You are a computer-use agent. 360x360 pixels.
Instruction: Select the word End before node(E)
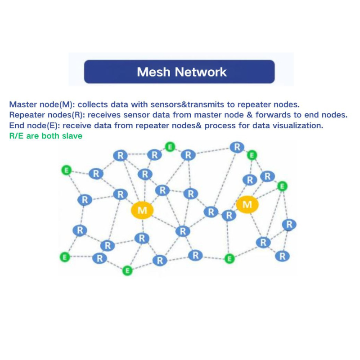click(x=16, y=125)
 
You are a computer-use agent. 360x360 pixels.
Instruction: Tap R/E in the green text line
click(x=16, y=135)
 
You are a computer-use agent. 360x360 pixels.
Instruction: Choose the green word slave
click(x=72, y=135)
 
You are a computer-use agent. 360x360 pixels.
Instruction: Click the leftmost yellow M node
click(x=142, y=210)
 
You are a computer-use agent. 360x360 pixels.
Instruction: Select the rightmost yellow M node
click(x=247, y=205)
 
